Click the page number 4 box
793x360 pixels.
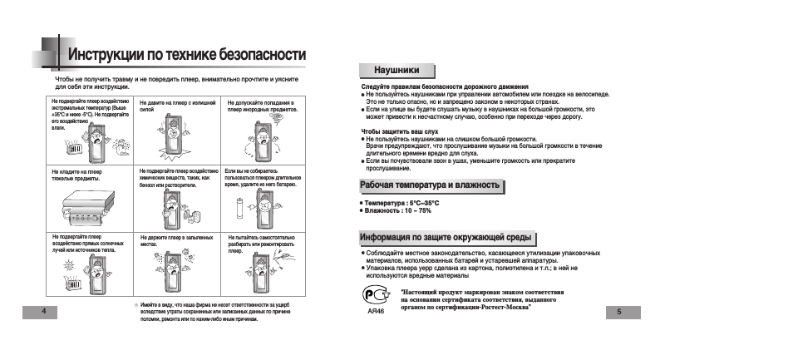(32, 310)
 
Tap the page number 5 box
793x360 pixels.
(618, 311)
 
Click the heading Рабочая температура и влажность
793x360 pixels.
(429, 185)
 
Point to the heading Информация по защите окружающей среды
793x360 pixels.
(445, 237)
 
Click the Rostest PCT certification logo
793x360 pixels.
(375, 295)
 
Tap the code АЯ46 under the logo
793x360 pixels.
(375, 312)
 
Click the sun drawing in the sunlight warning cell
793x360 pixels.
(68, 262)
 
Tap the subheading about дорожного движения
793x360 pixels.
(445, 86)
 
